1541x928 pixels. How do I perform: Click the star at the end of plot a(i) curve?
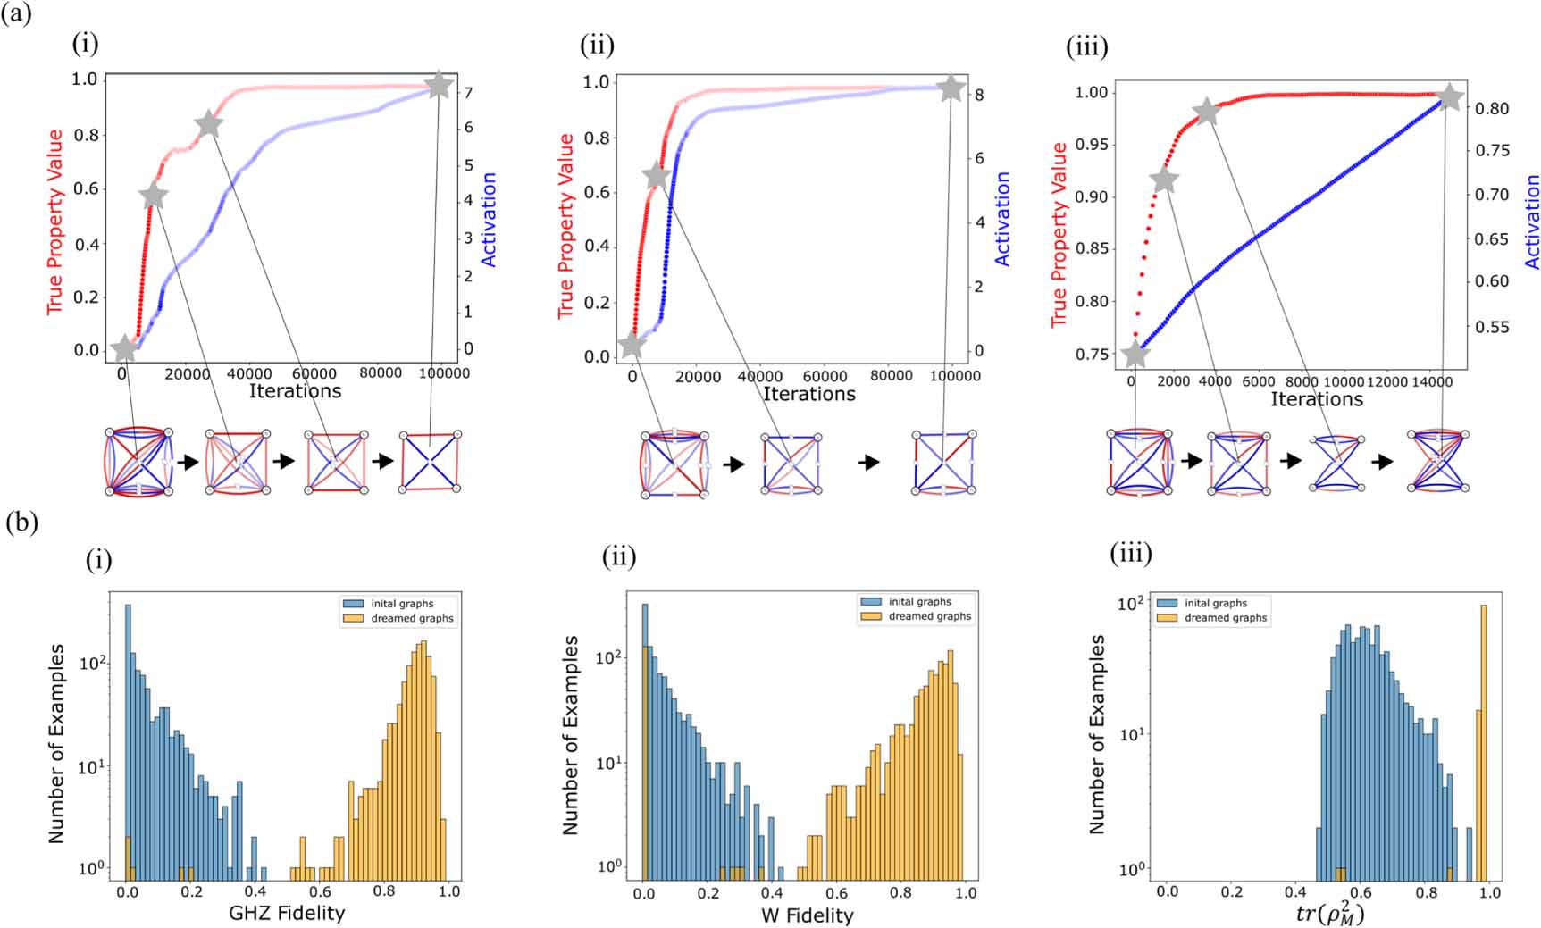click(439, 86)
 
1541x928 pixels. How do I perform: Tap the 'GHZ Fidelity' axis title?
click(287, 913)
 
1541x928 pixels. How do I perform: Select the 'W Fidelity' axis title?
click(807, 915)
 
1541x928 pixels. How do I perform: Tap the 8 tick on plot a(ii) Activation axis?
click(979, 95)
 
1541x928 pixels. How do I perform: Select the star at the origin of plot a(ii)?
click(632, 344)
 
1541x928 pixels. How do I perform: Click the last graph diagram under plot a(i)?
click(430, 461)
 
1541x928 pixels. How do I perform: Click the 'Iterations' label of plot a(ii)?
click(808, 394)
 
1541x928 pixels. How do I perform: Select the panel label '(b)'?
click(21, 523)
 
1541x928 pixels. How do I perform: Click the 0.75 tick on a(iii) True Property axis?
click(1091, 354)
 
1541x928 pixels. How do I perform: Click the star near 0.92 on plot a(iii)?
click(1164, 180)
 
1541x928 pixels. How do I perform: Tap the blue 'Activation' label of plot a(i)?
click(488, 220)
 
